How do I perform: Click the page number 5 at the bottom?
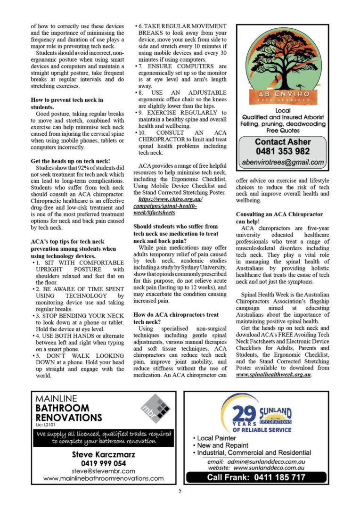[x=180, y=491]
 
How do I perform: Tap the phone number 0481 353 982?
[x=283, y=151]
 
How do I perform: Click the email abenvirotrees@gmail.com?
[x=283, y=163]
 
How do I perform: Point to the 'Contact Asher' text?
[x=283, y=141]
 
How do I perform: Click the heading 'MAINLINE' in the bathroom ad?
[x=57, y=398]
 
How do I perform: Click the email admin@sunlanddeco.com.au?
[x=266, y=462]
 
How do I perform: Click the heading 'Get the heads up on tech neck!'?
[x=70, y=161]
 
